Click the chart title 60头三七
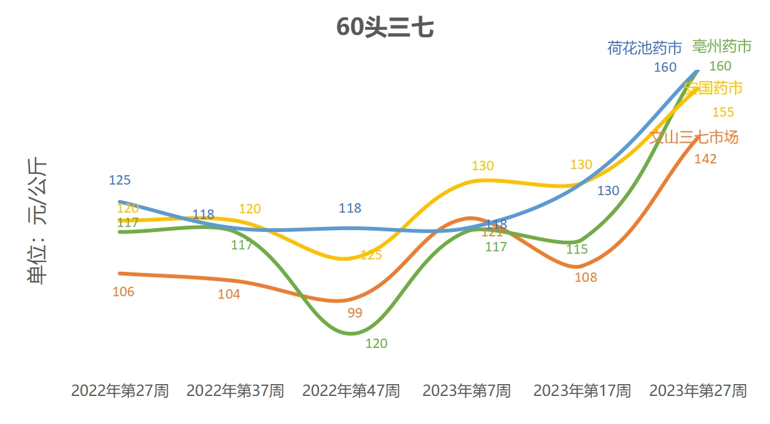pos(384,28)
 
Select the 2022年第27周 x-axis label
pos(120,391)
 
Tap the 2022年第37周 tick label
pos(235,391)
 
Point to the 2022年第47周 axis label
pos(351,391)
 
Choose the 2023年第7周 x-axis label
pos(467,391)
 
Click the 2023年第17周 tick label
pos(582,391)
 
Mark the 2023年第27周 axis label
pos(698,391)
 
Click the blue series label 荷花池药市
pos(645,48)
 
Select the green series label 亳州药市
pos(722,46)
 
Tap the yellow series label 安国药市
pos(713,89)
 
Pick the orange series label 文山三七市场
pos(694,137)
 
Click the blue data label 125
pos(120,180)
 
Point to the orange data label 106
pos(123,291)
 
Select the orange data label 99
pos(354,313)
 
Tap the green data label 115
pos(577,249)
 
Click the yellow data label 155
pos(723,112)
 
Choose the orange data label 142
pos(705,159)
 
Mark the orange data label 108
pos(586,277)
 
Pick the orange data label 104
pos(229,294)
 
